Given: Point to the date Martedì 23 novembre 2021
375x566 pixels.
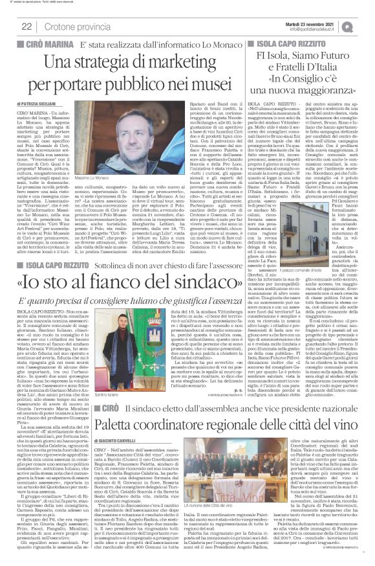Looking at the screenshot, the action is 312,23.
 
